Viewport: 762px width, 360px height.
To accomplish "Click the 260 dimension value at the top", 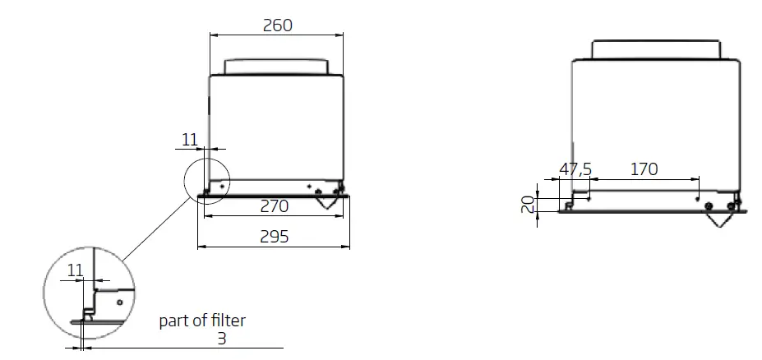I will pos(277,25).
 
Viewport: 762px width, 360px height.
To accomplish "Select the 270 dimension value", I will pos(275,206).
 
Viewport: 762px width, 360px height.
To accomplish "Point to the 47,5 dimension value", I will pos(575,169).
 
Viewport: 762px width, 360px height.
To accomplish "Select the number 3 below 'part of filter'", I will pos(222,338).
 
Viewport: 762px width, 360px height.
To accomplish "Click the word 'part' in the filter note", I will pos(174,321).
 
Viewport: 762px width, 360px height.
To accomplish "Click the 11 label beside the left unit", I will pos(190,140).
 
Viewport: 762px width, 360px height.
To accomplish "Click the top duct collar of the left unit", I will pos(277,67).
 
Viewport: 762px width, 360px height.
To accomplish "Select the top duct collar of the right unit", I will pos(658,48).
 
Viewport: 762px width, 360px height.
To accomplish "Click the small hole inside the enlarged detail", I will pos(119,302).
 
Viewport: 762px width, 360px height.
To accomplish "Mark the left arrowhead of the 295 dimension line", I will pos(201,246).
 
